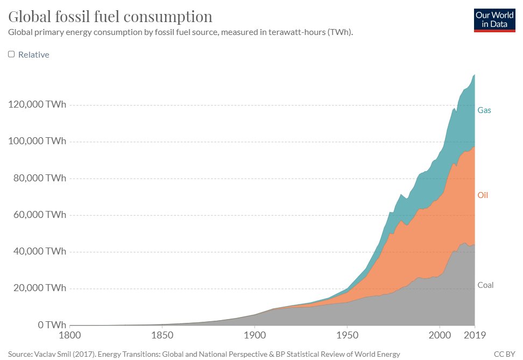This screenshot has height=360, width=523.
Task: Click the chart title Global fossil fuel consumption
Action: (x=110, y=16)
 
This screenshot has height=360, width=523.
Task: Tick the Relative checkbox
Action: (x=11, y=54)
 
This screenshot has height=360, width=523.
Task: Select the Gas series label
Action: (x=484, y=110)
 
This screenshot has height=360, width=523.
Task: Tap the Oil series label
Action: (x=483, y=195)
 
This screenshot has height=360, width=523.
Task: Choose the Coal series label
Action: (x=485, y=285)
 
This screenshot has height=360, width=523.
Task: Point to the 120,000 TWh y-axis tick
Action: (x=37, y=105)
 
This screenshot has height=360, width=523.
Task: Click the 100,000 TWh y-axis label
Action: (x=37, y=142)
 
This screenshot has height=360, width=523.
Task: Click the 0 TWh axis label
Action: (x=52, y=325)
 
